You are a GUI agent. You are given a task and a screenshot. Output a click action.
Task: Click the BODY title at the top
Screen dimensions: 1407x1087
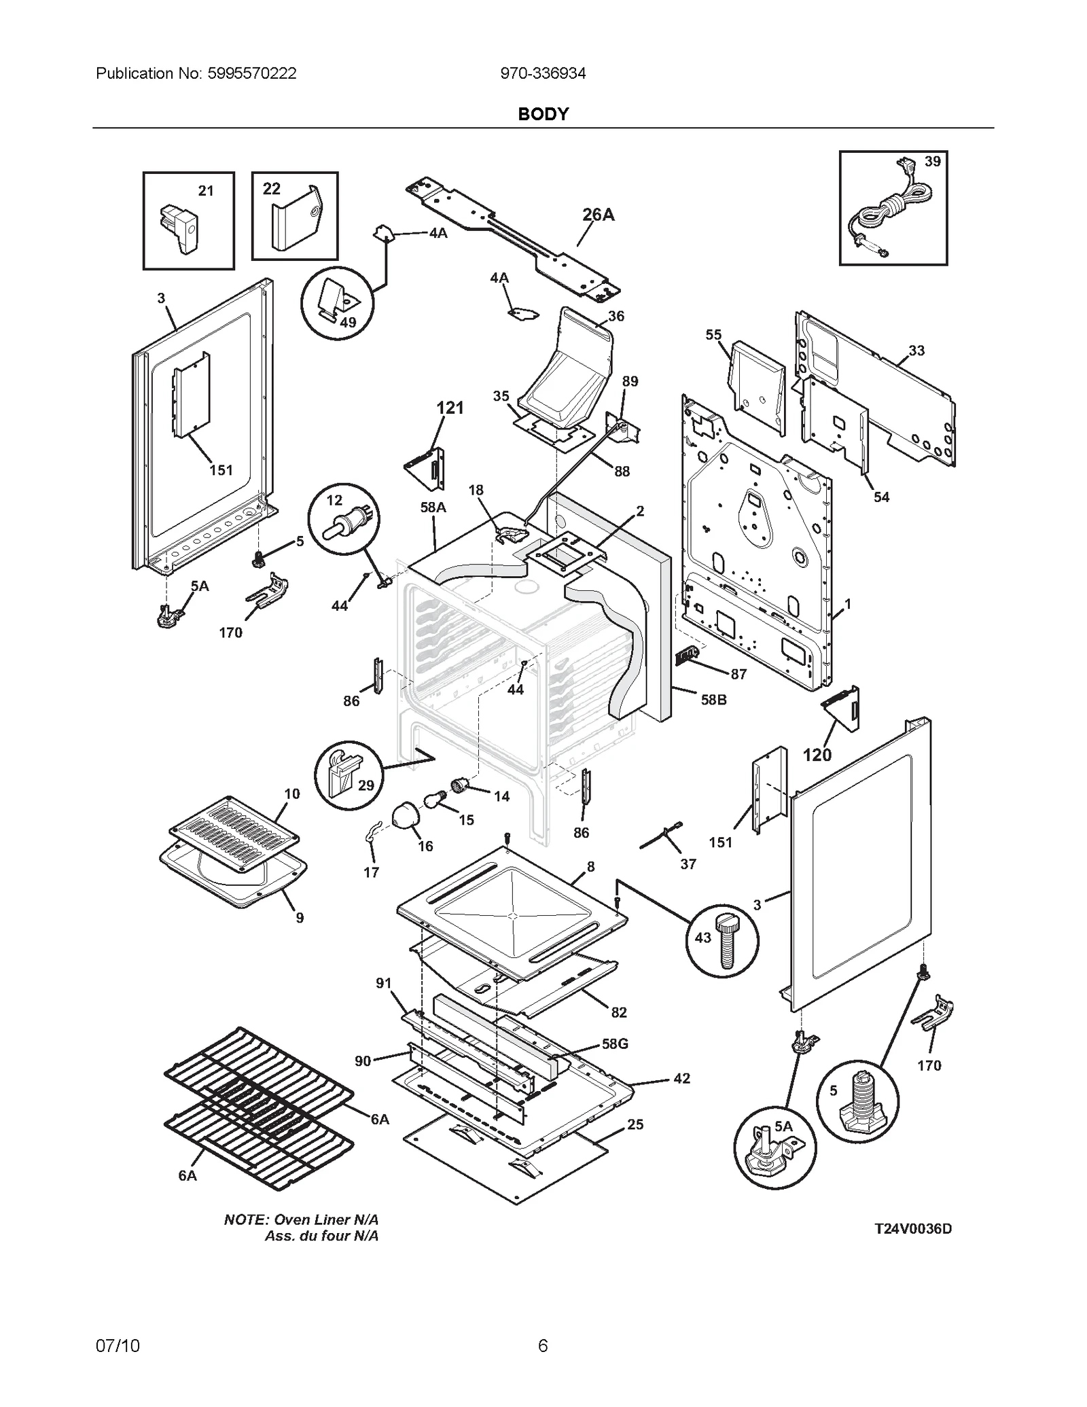pos(543,114)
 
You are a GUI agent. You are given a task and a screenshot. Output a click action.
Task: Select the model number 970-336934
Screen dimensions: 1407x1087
pos(543,73)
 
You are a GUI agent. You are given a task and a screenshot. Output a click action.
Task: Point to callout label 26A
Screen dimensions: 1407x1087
pos(598,215)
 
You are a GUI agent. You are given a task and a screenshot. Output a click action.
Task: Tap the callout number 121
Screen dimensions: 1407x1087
pos(450,408)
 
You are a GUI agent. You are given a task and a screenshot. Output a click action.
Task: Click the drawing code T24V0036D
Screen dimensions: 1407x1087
pos(912,1228)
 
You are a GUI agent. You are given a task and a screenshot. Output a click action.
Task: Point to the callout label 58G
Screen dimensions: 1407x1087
pos(615,1044)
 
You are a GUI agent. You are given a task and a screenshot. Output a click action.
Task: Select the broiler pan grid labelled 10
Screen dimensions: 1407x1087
pos(233,833)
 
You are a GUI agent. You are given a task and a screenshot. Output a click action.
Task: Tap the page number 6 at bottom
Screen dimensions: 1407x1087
pos(543,1345)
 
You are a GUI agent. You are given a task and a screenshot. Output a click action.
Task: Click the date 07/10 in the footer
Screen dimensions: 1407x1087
pos(118,1345)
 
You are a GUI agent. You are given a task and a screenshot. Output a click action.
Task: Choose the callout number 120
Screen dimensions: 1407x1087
pos(817,755)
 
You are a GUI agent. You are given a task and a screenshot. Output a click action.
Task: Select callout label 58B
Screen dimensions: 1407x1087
pos(713,699)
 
